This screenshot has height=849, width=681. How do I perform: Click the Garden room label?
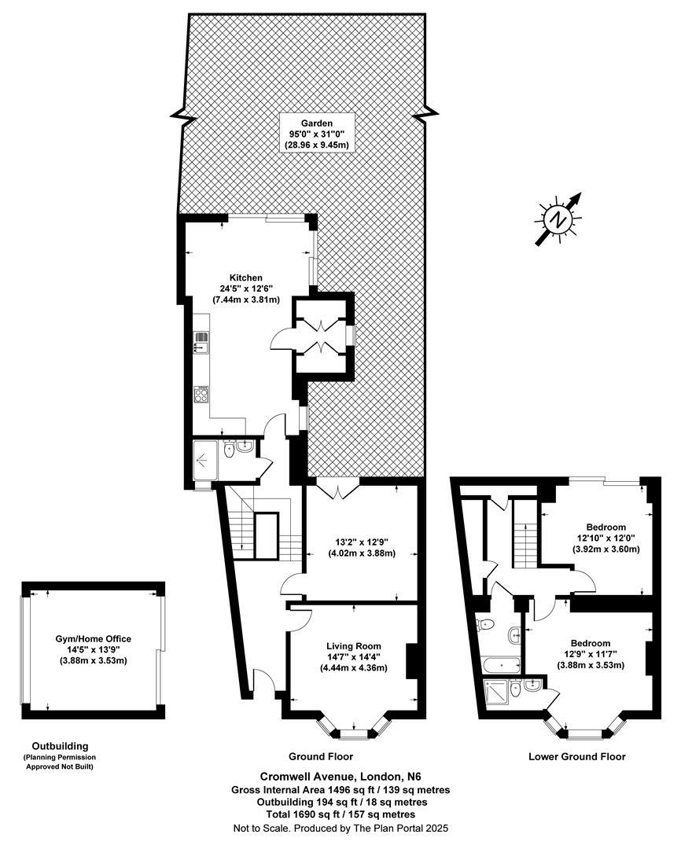[317, 123]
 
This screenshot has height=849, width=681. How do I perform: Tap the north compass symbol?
[558, 219]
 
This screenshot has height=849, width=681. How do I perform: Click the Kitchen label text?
[246, 277]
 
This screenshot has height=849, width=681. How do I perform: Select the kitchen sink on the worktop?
[201, 342]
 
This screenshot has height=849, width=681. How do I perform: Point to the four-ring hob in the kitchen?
[201, 394]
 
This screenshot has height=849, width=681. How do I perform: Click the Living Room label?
[353, 646]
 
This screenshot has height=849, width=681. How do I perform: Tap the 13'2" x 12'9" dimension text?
[362, 542]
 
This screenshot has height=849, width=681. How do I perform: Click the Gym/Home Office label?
[93, 639]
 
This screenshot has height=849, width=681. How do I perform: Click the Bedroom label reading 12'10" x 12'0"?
[606, 527]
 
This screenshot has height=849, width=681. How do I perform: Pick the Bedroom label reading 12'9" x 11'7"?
[591, 643]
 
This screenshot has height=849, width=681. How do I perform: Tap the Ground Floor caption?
[321, 756]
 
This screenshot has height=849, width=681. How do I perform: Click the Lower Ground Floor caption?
[577, 756]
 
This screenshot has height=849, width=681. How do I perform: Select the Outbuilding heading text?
[60, 746]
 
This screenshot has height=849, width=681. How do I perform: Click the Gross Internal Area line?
[340, 789]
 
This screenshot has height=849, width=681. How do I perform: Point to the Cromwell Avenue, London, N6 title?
[340, 777]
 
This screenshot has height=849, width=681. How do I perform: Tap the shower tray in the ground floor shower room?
[205, 460]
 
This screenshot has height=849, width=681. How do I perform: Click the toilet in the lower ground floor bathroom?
[484, 624]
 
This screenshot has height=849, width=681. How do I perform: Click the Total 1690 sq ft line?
[340, 814]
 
